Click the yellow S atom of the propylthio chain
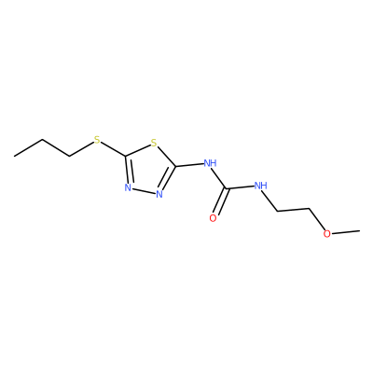97,140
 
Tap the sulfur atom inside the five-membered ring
154,143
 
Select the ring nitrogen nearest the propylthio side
128,187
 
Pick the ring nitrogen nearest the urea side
159,195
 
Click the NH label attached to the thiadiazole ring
210,163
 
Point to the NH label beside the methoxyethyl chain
261,186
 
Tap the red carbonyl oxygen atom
213,218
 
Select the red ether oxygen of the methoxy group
326,234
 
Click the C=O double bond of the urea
221,201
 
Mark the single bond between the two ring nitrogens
144,191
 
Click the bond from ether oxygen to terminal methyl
345,232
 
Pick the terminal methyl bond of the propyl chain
28,148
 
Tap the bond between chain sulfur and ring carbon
114,149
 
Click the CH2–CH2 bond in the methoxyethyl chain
294,210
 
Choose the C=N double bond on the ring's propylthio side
128,170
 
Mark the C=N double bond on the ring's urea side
169,179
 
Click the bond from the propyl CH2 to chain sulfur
81,149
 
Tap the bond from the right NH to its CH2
270,201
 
